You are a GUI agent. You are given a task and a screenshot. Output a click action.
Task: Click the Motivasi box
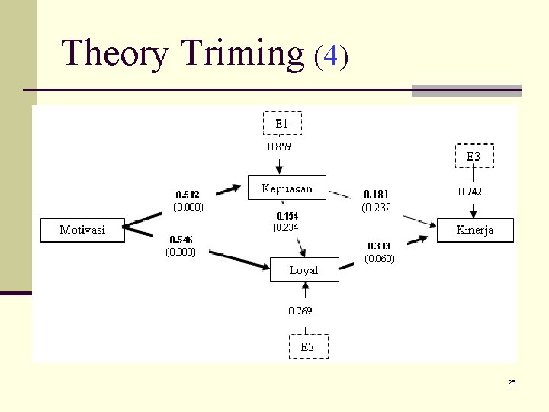click(82, 230)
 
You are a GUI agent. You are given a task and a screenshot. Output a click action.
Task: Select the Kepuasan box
click(286, 188)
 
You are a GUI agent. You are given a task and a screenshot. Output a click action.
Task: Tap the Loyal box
click(304, 269)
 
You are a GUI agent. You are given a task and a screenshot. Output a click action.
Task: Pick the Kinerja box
click(475, 230)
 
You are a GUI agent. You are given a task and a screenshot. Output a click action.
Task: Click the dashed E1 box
click(282, 123)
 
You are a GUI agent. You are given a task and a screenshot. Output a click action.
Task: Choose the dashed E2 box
click(307, 346)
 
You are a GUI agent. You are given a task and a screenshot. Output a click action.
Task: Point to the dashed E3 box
click(474, 156)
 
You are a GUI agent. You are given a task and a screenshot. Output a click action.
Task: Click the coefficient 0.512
click(188, 195)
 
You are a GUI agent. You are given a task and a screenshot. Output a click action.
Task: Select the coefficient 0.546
click(181, 240)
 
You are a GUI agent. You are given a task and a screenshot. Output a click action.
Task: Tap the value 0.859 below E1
click(279, 146)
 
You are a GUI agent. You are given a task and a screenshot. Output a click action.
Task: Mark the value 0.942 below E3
click(470, 192)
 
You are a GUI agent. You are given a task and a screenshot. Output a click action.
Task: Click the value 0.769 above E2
click(300, 311)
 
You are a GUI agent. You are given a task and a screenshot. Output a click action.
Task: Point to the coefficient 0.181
click(376, 195)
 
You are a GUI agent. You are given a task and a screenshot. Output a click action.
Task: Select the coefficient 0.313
click(379, 246)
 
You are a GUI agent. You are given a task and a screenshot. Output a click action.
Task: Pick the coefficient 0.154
click(287, 216)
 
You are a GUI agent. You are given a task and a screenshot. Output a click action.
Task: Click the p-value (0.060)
click(379, 259)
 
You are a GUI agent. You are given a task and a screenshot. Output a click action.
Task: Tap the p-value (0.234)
click(287, 227)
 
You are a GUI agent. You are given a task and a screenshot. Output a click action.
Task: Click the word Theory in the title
click(115, 54)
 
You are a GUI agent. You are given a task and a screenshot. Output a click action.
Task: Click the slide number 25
click(512, 382)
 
